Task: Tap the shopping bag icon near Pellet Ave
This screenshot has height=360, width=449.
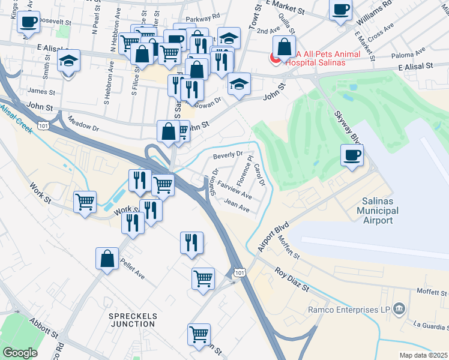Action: [x=107, y=259]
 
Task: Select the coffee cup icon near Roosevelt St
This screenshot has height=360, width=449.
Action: [x=28, y=22]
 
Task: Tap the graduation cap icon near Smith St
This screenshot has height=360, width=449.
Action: [x=68, y=61]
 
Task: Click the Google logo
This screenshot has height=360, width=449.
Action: [x=20, y=353]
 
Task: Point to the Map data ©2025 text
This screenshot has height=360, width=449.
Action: [x=423, y=355]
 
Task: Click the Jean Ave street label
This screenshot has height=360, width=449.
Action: [x=237, y=206]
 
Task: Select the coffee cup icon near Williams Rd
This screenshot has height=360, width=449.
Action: [x=340, y=10]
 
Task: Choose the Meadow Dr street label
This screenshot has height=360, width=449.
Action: [x=83, y=124]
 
